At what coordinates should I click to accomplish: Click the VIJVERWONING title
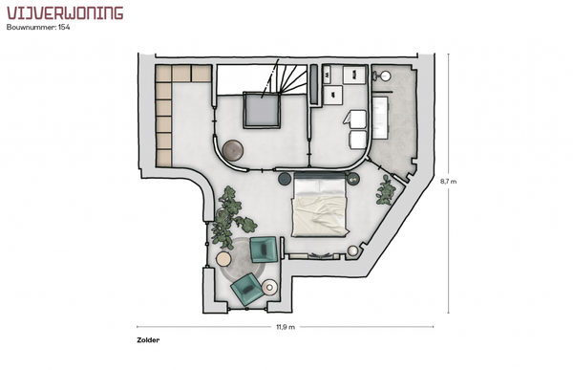coord(65,12)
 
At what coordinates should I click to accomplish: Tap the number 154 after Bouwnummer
coord(64,27)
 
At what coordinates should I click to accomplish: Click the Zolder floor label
coord(148,340)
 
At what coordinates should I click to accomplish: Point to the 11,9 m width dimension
coord(286,327)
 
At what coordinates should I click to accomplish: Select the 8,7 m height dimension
coord(449,181)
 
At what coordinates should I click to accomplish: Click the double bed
coord(320,205)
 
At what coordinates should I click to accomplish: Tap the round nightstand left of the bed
coord(285,179)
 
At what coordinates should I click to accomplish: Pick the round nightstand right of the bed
coord(353,179)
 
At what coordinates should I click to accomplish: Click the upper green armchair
coord(264,250)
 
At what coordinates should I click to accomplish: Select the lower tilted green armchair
coord(247,289)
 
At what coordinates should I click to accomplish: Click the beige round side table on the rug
coord(223,259)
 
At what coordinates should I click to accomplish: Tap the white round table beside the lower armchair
coord(269,287)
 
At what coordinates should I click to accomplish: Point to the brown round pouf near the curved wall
coord(233,150)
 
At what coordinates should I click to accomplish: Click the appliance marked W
coord(327,75)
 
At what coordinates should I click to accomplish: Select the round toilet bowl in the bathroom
coord(385,76)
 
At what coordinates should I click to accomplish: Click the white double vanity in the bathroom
coord(380,118)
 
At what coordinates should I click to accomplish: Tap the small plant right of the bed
coord(386,189)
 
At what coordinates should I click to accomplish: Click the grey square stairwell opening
coord(262,110)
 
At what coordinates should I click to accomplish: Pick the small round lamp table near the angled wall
coord(353,250)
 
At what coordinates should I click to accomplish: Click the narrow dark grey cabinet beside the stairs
coord(313,84)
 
